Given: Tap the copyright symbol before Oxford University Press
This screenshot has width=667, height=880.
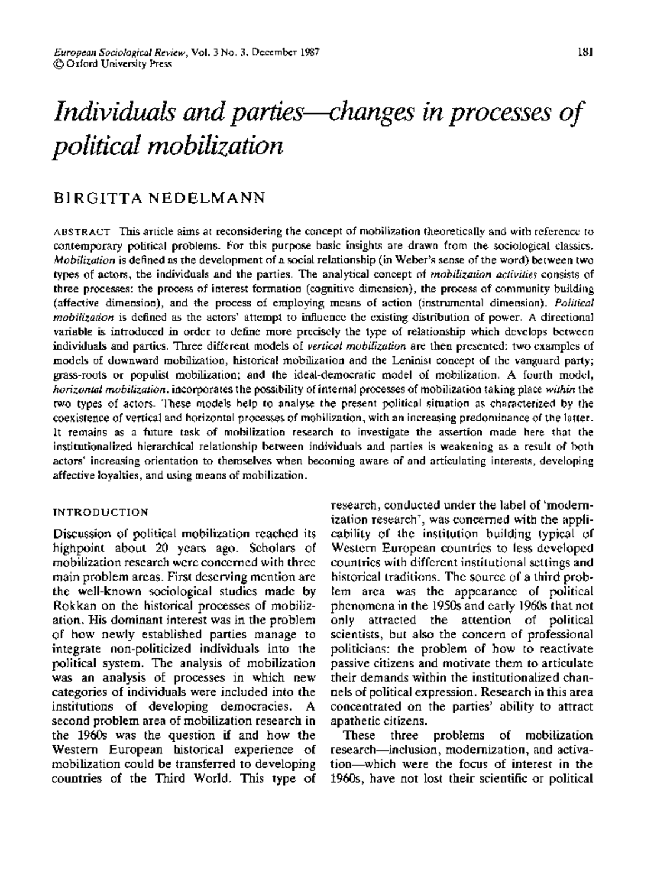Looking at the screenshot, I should (x=57, y=64).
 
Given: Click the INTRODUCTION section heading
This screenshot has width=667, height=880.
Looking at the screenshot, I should (x=100, y=512).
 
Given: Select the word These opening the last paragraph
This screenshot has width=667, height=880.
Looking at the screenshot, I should (x=360, y=735).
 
